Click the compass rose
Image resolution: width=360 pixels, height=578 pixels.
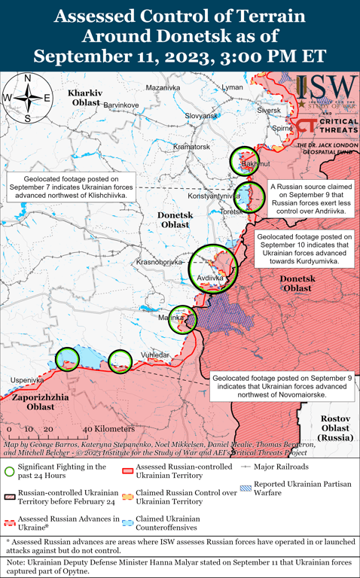pos(26,97)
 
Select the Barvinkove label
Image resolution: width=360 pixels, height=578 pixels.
pos(121,104)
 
